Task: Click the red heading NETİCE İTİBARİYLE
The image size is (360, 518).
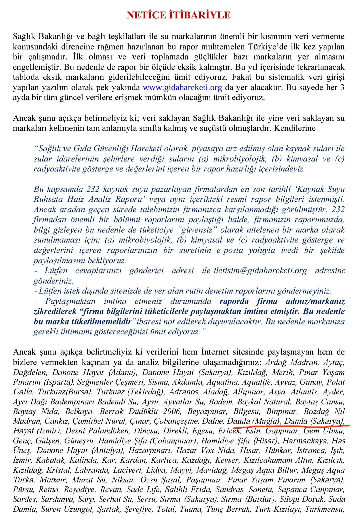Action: pyautogui.click(x=179, y=15)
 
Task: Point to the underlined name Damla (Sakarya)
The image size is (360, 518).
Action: pyautogui.click(x=314, y=421)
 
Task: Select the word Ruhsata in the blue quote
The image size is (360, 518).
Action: pyautogui.click(x=48, y=199)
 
